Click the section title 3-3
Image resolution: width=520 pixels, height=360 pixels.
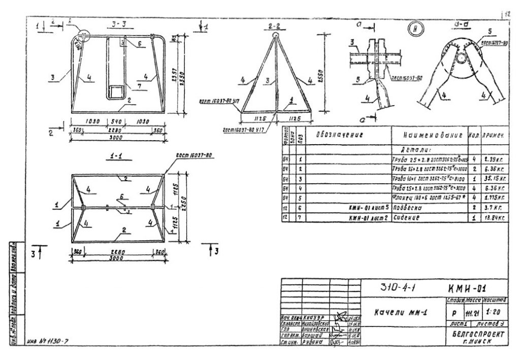[x=120, y=24]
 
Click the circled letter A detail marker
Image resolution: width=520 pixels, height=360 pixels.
[x=415, y=29]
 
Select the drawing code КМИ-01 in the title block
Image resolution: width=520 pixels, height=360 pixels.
[x=470, y=288]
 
